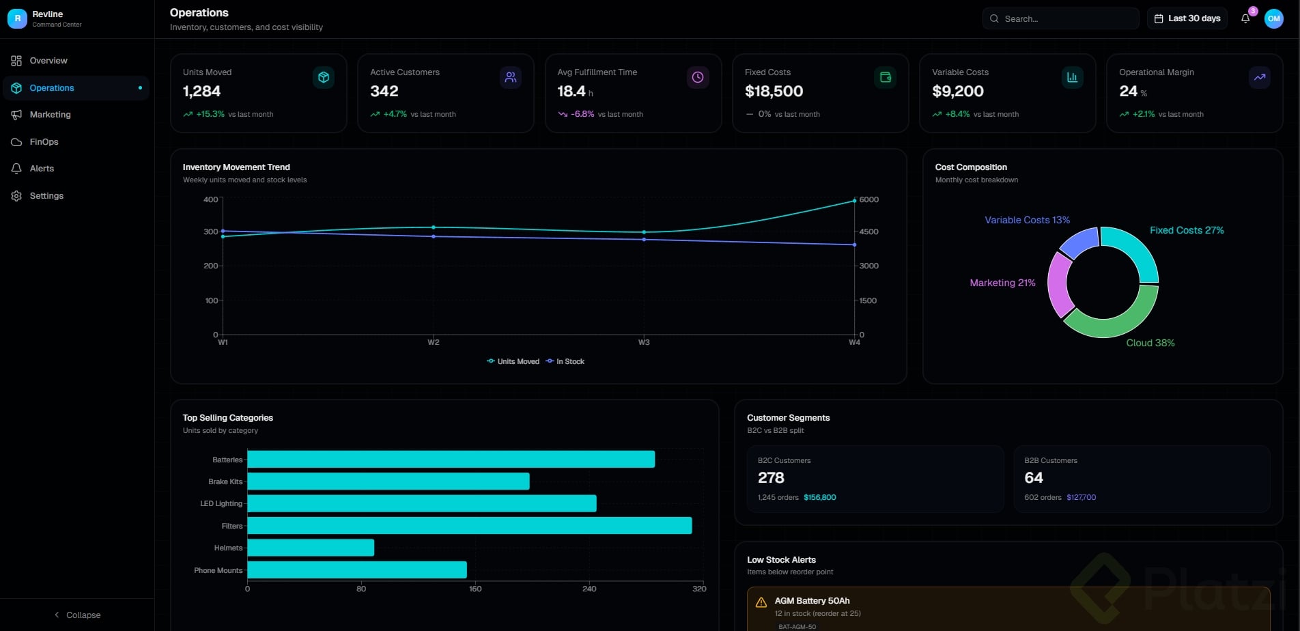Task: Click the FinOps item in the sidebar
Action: click(44, 142)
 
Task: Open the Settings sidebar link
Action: click(46, 196)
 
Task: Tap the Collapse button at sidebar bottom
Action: click(77, 615)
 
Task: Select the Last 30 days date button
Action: click(1187, 18)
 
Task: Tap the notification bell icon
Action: click(1245, 19)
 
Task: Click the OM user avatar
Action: click(1273, 19)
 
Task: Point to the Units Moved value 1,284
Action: click(201, 92)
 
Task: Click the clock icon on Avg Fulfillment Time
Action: click(697, 78)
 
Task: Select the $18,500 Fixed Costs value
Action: click(774, 92)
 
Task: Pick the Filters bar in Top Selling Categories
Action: click(469, 526)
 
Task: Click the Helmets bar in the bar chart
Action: click(311, 548)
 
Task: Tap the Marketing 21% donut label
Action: click(1002, 283)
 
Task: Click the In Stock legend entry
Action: click(565, 362)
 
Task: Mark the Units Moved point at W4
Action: click(854, 201)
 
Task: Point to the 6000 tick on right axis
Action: click(868, 199)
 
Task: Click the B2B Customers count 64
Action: click(1034, 478)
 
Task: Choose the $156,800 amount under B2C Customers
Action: click(819, 498)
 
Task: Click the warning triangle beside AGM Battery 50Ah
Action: click(761, 602)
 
